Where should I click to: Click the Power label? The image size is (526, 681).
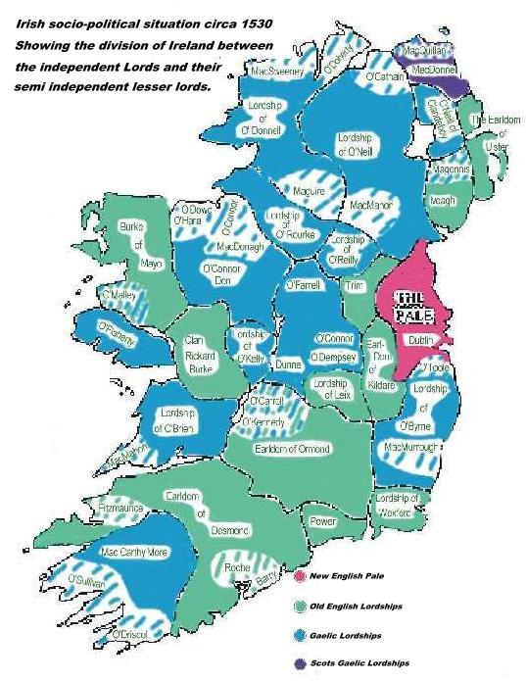(322, 522)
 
